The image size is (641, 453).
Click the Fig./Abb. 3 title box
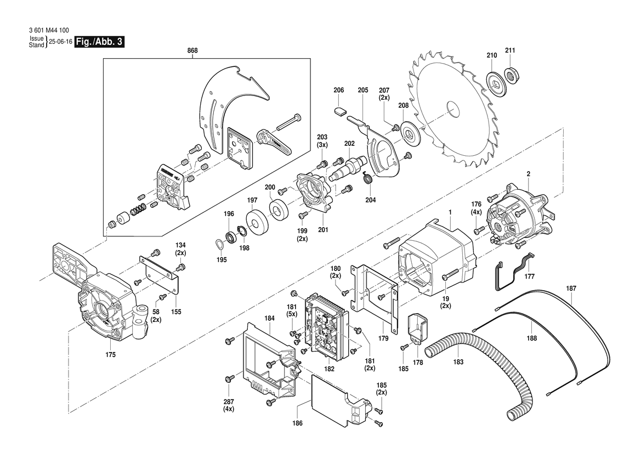pos(99,42)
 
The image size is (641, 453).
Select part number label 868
pos(192,50)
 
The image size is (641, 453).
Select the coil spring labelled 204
pos(370,179)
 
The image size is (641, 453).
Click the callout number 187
pos(571,288)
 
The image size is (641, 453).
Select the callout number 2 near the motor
pos(528,174)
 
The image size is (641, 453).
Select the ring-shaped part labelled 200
pos(280,210)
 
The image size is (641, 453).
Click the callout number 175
pos(110,355)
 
